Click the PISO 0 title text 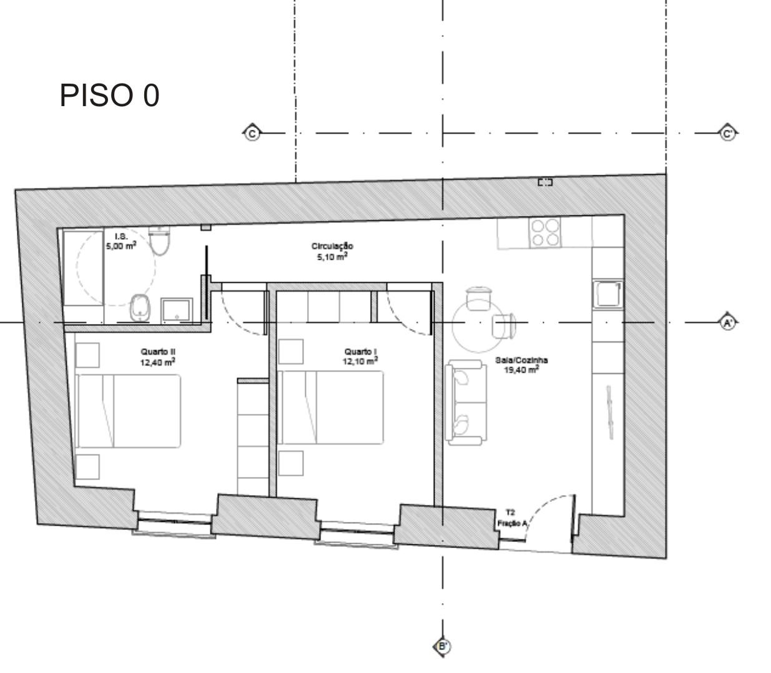[x=109, y=96]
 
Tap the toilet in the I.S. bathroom [x=160, y=240]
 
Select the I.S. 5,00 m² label [x=121, y=241]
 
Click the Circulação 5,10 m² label [x=332, y=252]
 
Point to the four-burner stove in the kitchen [x=545, y=232]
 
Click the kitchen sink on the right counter [x=608, y=295]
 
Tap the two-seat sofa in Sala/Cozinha [x=466, y=403]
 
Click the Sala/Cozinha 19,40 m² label [x=521, y=365]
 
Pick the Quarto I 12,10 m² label [x=360, y=356]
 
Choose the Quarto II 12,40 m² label [x=158, y=357]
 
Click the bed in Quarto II [x=128, y=411]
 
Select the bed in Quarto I [x=330, y=407]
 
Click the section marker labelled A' [x=728, y=323]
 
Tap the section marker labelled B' [x=443, y=647]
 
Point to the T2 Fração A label [x=511, y=518]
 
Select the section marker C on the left [x=252, y=134]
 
